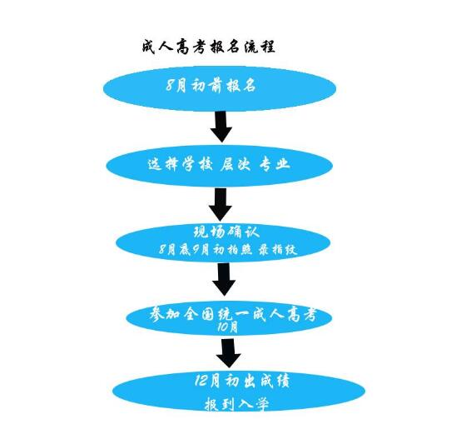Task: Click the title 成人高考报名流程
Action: [x=209, y=47]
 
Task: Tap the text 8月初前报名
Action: [x=211, y=86]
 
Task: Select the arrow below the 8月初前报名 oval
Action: [x=221, y=127]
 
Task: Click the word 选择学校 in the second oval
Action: [x=181, y=164]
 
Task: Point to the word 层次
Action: [x=235, y=164]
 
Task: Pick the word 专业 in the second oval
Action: [x=275, y=164]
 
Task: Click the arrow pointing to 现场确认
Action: [x=221, y=205]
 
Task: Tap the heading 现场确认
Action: [x=226, y=232]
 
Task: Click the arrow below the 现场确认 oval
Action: [x=224, y=280]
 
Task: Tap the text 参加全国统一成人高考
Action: [x=233, y=314]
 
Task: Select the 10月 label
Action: [x=228, y=327]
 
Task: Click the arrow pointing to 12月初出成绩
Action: [x=228, y=353]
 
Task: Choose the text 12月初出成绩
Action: [x=242, y=381]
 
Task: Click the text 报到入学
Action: [x=237, y=405]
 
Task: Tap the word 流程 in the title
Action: [x=260, y=47]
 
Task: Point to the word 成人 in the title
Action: [x=157, y=47]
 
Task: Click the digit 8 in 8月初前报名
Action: [x=170, y=86]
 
